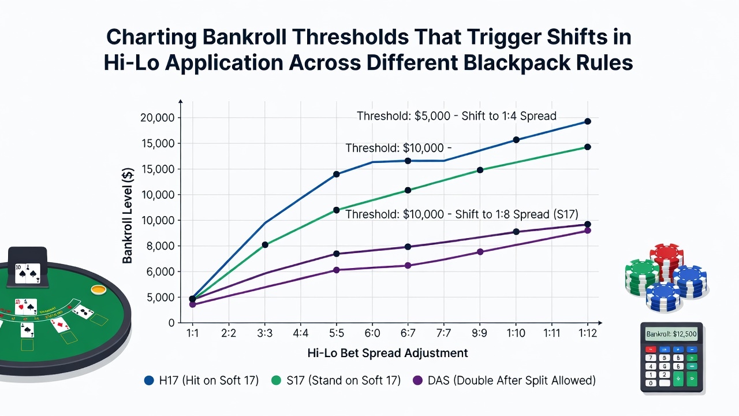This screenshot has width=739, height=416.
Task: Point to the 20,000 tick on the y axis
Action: [x=158, y=117]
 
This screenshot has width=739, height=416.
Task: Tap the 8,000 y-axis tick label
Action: [x=159, y=246]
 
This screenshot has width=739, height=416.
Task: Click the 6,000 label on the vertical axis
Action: [x=159, y=272]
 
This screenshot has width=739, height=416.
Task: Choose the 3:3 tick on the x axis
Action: [x=264, y=333]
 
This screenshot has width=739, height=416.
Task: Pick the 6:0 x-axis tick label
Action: [x=372, y=333]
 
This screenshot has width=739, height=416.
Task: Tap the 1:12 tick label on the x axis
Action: [x=588, y=333]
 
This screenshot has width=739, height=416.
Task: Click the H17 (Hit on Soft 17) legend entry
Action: [x=201, y=380]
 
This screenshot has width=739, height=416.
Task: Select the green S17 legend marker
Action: [x=276, y=380]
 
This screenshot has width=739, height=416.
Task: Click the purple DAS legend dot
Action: [x=417, y=380]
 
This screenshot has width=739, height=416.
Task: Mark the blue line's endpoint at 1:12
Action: [x=588, y=121]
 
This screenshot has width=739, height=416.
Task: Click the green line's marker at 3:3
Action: [x=265, y=244]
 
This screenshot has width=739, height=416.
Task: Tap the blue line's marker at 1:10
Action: [x=516, y=140]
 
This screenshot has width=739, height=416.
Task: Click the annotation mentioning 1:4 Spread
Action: [x=457, y=116]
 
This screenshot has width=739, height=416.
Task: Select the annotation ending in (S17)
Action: [x=462, y=214]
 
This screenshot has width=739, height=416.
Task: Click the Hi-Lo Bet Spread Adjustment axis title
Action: [x=387, y=353]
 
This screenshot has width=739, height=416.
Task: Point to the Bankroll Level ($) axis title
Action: [x=128, y=216]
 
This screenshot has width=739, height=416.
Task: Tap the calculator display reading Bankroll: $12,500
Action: [x=671, y=334]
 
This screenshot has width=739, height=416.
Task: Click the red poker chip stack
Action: [x=667, y=261]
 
